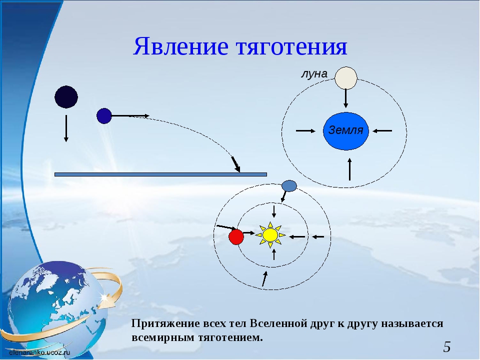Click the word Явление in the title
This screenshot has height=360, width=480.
(x=180, y=46)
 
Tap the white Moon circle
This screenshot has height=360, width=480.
(x=346, y=78)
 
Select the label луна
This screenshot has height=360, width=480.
(x=314, y=74)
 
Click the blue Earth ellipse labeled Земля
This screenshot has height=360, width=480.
(x=346, y=131)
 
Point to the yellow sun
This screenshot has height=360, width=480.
(x=270, y=235)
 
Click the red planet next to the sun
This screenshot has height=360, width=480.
(x=236, y=237)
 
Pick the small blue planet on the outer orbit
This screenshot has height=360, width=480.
(x=289, y=186)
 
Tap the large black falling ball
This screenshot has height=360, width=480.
(x=66, y=97)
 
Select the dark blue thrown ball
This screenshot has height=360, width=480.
(x=104, y=116)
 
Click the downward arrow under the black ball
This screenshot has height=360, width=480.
(x=66, y=128)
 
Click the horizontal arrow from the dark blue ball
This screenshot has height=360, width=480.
(x=130, y=115)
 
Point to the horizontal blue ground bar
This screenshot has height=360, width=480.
(x=160, y=174)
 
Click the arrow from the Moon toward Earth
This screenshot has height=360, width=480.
(x=346, y=98)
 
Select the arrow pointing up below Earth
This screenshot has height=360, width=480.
(x=349, y=169)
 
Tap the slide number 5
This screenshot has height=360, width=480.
(x=447, y=347)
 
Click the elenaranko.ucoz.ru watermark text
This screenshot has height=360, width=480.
(x=39, y=352)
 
